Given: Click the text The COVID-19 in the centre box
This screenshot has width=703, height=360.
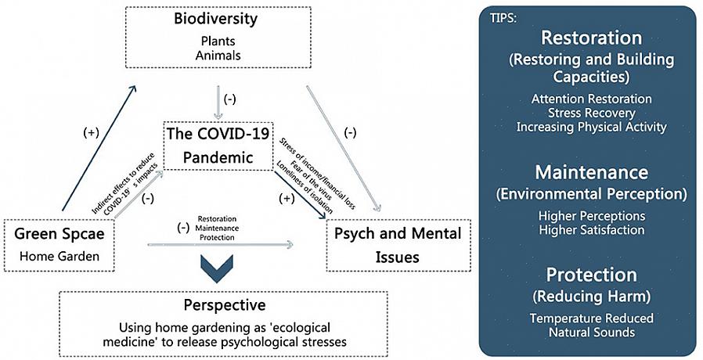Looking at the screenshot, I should [x=218, y=133].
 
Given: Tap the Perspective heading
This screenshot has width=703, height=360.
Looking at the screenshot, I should [x=224, y=305].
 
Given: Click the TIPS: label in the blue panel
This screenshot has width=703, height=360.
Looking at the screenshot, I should [x=503, y=18].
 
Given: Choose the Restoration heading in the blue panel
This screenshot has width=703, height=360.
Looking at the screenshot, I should [x=591, y=38].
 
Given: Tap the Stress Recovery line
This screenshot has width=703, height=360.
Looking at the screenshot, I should [x=591, y=113].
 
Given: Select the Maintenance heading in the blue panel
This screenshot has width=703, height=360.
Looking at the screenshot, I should [x=591, y=171].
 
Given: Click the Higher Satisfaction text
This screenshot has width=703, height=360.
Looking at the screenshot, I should [x=591, y=230].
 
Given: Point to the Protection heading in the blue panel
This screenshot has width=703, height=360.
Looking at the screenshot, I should [x=591, y=275].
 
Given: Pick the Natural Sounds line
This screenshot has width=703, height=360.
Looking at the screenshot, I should [x=591, y=333].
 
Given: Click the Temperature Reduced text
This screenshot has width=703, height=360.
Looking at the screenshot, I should [x=591, y=319].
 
